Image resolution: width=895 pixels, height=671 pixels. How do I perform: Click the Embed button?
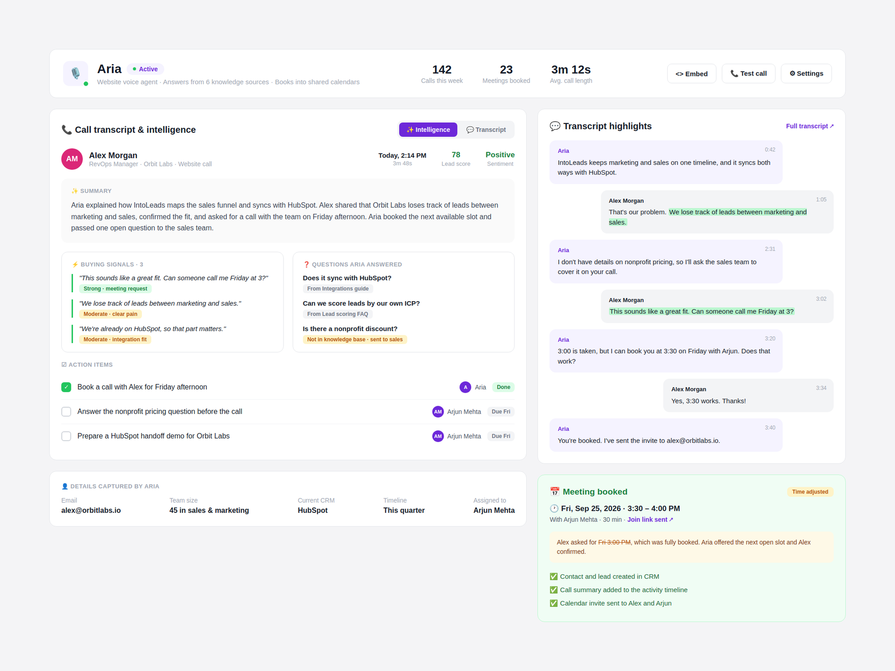click(692, 74)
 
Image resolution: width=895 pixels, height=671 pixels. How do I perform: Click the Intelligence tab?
click(428, 130)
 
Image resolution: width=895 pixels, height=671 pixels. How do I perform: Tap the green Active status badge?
click(145, 69)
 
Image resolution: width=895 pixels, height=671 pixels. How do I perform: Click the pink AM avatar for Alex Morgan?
click(72, 159)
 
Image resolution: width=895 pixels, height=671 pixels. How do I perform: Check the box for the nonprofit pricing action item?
click(66, 412)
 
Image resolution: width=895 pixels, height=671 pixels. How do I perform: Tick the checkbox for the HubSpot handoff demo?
click(66, 436)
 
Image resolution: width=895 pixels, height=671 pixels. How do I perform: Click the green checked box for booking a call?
click(66, 387)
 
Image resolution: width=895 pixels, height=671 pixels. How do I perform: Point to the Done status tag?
click(503, 387)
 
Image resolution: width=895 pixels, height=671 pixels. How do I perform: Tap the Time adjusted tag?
click(810, 492)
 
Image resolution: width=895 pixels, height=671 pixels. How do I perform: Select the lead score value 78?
click(456, 155)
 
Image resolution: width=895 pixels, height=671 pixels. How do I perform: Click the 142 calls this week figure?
click(442, 70)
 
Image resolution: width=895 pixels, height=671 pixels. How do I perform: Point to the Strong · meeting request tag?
click(115, 289)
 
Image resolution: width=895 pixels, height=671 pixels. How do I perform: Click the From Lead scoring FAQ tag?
click(337, 314)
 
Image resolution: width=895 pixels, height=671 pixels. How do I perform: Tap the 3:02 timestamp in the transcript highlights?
click(821, 299)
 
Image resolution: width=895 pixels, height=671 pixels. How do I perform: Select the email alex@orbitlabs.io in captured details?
click(91, 510)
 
